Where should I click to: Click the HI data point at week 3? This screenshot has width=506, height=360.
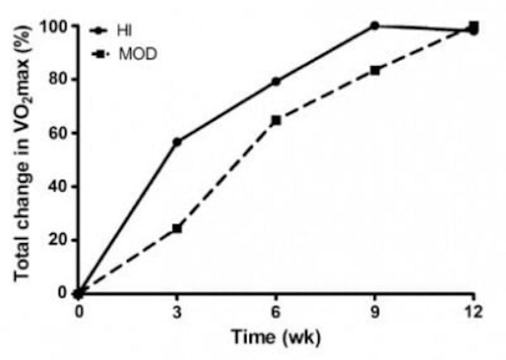[177, 142]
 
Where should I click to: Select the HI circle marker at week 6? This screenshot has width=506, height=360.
[276, 81]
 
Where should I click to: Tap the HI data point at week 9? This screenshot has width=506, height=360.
[374, 26]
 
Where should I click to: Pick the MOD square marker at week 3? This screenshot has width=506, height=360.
[177, 229]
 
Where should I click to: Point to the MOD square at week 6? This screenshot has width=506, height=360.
[276, 120]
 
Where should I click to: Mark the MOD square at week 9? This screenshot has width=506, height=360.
[374, 70]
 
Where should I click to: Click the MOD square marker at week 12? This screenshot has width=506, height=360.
[474, 25]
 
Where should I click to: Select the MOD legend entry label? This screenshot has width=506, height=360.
[138, 54]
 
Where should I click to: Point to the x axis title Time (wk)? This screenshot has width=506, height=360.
[276, 337]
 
